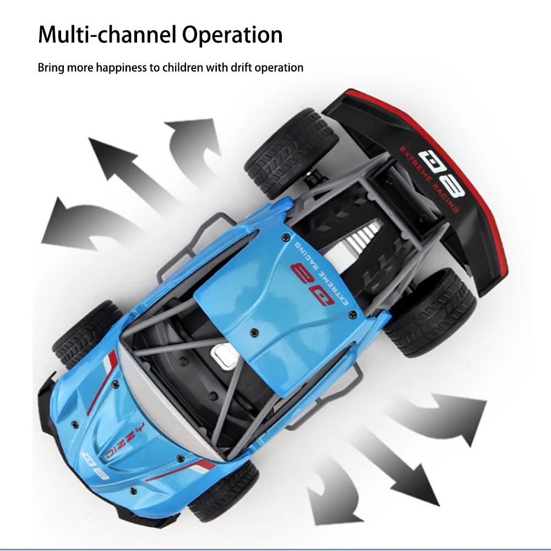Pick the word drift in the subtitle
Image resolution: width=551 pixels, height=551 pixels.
[235, 68]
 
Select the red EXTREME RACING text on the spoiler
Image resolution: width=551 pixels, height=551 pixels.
[430, 179]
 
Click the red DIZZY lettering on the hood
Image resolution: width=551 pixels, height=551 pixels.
[126, 440]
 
